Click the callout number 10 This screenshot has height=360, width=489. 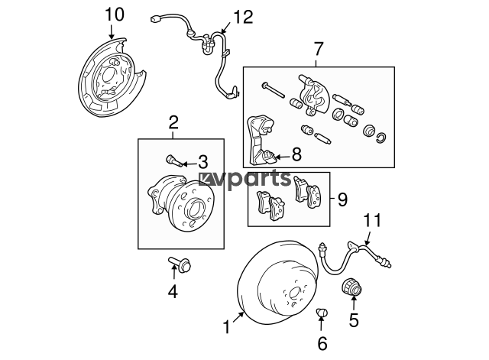tap(115, 15)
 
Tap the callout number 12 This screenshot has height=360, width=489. tap(244, 17)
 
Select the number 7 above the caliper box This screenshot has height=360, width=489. tap(318, 49)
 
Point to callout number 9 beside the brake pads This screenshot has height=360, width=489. tap(342, 199)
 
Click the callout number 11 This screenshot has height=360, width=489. tap(373, 220)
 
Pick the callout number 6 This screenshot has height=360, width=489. tap(322, 343)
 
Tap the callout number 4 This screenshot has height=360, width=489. tap(173, 292)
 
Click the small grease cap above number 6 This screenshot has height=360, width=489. tap(322, 312)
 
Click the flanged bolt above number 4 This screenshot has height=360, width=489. tap(180, 264)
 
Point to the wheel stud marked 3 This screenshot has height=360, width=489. tap(173, 161)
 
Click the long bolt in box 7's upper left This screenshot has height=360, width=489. tap(274, 90)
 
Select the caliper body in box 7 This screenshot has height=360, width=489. tap(314, 96)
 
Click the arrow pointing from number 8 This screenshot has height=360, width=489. tap(283, 157)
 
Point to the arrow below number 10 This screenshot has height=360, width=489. tap(112, 31)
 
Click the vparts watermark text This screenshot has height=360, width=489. tap(245, 179)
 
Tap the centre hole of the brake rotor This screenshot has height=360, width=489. tap(295, 294)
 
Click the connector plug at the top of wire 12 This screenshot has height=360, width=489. tap(154, 19)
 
